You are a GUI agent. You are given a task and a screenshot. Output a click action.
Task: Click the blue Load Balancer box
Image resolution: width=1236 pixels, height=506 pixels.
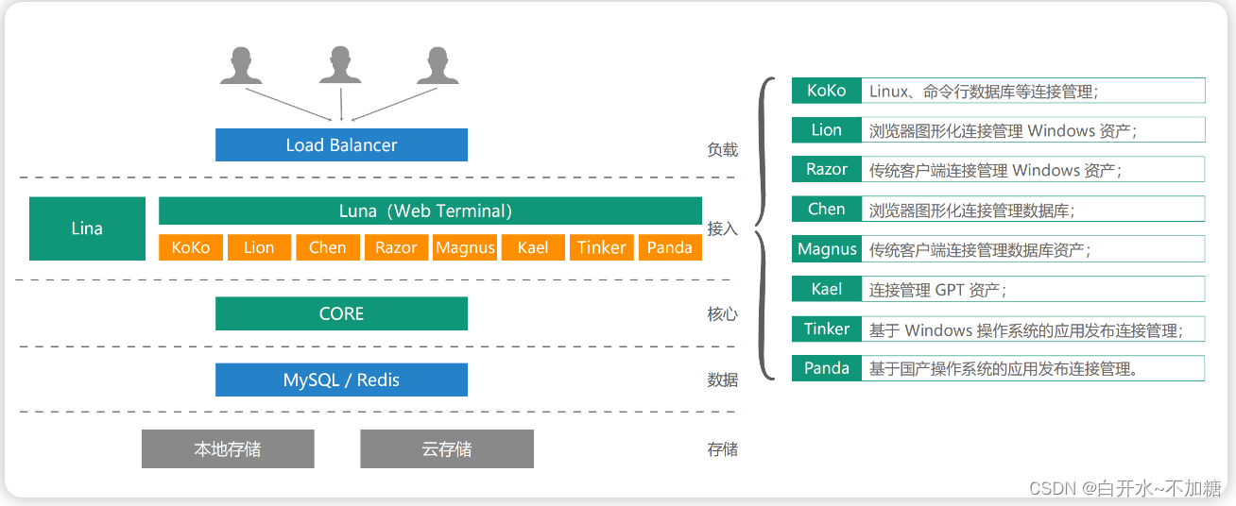click(341, 145)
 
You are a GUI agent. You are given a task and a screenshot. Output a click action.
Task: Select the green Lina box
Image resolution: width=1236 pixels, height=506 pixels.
click(87, 228)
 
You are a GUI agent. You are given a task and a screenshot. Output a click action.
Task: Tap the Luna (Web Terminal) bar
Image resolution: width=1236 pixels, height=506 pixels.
click(430, 211)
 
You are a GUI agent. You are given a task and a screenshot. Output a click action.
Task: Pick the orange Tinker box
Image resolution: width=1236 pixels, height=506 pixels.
click(601, 247)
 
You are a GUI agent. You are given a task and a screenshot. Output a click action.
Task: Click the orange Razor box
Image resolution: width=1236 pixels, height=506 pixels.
click(396, 247)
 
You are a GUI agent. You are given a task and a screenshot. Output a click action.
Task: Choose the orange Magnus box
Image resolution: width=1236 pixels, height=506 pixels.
click(465, 247)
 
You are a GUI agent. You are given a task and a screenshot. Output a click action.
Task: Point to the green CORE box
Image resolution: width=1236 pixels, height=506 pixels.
click(341, 313)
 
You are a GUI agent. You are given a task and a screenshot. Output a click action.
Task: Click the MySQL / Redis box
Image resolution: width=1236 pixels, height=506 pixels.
click(341, 379)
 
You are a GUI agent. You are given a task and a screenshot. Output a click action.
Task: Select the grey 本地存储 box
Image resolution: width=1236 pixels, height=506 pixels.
click(228, 448)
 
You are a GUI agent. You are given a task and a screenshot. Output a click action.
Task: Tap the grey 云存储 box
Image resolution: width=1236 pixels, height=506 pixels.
click(447, 448)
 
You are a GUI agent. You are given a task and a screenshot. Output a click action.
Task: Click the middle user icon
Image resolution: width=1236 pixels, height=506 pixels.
click(340, 65)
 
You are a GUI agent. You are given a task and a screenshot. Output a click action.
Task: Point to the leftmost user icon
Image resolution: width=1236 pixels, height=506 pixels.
click(241, 65)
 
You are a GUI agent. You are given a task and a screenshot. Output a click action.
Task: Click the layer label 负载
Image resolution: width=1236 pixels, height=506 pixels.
click(722, 149)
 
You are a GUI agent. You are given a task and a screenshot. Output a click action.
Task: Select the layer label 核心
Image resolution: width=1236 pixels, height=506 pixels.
click(722, 314)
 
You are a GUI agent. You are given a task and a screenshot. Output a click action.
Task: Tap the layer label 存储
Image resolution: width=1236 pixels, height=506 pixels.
click(722, 449)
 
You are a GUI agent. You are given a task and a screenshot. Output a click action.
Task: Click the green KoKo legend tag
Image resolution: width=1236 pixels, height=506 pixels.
click(827, 91)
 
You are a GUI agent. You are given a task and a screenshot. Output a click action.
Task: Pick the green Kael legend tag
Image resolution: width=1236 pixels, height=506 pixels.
click(827, 289)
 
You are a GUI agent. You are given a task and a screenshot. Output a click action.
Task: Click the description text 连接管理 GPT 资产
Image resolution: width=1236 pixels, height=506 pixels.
click(937, 290)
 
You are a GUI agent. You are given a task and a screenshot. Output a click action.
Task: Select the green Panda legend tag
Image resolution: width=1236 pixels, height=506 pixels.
click(827, 368)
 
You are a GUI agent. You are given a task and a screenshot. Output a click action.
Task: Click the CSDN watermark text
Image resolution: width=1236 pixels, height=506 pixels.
click(1125, 488)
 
